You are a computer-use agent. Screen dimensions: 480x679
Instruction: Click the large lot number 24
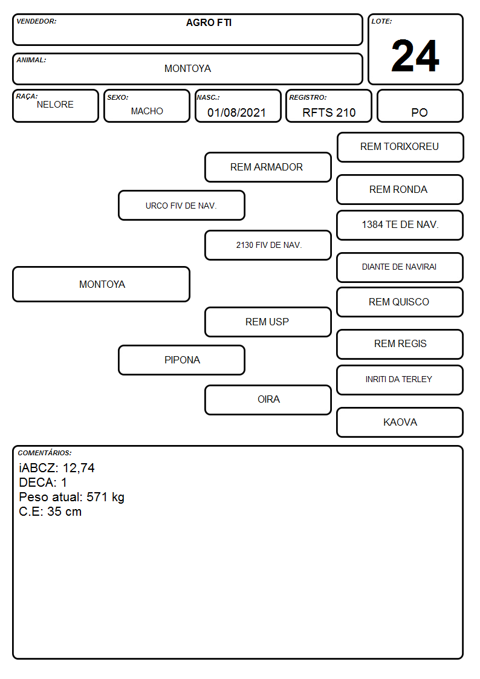pyautogui.click(x=415, y=56)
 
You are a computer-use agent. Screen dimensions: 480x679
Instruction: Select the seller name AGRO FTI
pyautogui.click(x=209, y=22)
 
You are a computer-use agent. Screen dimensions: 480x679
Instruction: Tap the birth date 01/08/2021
pyautogui.click(x=236, y=112)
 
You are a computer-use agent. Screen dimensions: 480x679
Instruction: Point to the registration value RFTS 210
pyautogui.click(x=329, y=112)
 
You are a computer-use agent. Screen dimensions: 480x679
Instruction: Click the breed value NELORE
pyautogui.click(x=55, y=105)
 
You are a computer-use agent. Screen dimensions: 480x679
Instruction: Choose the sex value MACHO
pyautogui.click(x=147, y=111)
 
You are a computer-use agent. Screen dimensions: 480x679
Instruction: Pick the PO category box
pyautogui.click(x=420, y=106)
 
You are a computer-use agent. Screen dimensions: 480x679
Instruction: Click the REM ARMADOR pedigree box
pyautogui.click(x=268, y=167)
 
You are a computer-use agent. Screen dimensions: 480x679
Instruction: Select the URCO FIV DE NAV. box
pyautogui.click(x=181, y=205)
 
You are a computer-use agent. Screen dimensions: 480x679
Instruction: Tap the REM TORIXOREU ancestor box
pyautogui.click(x=400, y=148)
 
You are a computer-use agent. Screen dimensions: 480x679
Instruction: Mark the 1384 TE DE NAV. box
pyautogui.click(x=400, y=225)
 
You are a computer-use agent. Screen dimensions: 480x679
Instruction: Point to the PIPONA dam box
pyautogui.click(x=181, y=360)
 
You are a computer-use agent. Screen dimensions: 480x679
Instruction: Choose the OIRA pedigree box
pyautogui.click(x=268, y=400)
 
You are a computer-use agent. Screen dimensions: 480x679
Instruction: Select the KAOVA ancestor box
pyautogui.click(x=400, y=422)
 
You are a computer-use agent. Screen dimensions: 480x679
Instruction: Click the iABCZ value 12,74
pyautogui.click(x=79, y=468)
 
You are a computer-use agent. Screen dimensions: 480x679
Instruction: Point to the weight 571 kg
pyautogui.click(x=105, y=497)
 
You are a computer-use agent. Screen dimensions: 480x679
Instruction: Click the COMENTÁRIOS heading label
pyautogui.click(x=45, y=453)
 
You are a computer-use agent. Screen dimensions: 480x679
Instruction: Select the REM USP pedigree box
pyautogui.click(x=268, y=322)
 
